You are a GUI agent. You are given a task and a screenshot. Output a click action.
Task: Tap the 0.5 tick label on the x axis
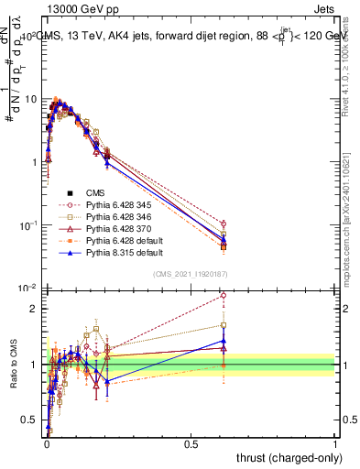pos(191,442)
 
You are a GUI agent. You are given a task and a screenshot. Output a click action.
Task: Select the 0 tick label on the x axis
pos(47,442)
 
